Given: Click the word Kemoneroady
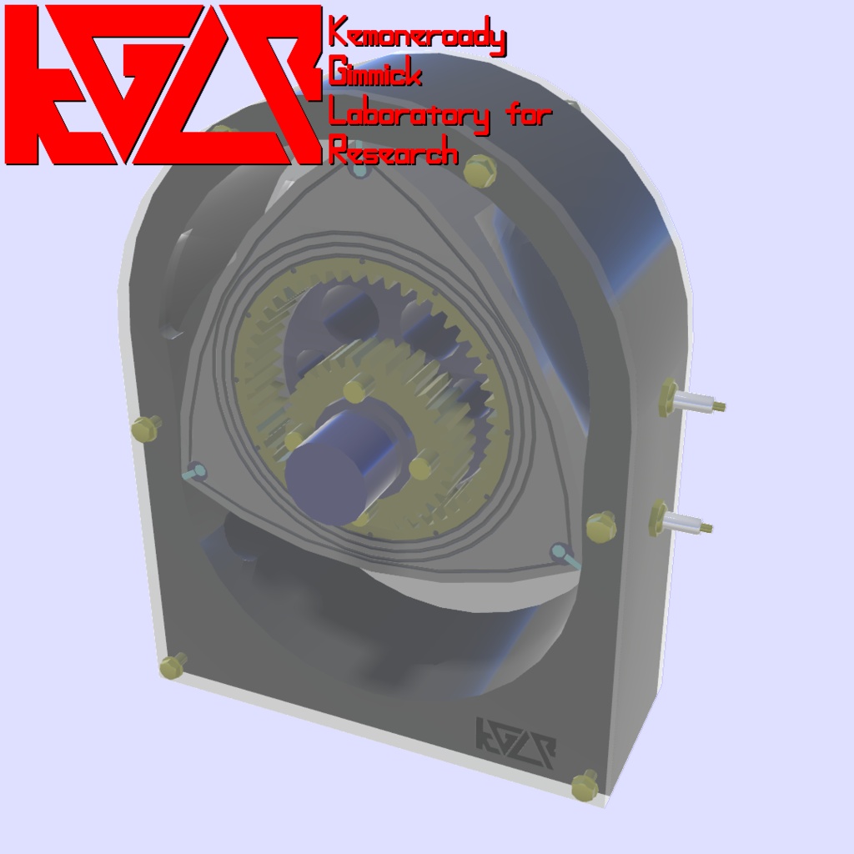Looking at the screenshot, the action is pos(418,37).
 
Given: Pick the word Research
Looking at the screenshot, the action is pos(394,150).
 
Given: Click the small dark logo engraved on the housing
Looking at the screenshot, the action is pos(515,742).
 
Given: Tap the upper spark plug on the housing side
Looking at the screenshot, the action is pos(691,400).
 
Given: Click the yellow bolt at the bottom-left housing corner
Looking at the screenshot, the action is pos(173,666).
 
